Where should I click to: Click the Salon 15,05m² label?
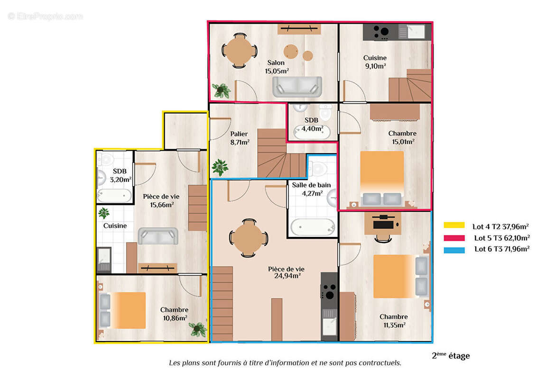pyautogui.click(x=277, y=67)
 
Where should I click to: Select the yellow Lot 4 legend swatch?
pyautogui.click(x=454, y=226)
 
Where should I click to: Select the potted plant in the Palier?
pyautogui.click(x=220, y=167)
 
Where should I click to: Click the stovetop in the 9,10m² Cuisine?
pyautogui.click(x=380, y=32)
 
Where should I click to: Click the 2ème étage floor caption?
pyautogui.click(x=450, y=356)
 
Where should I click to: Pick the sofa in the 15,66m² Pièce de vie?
pyautogui.click(x=158, y=235)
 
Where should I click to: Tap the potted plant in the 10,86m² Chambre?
pyautogui.click(x=197, y=329)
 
